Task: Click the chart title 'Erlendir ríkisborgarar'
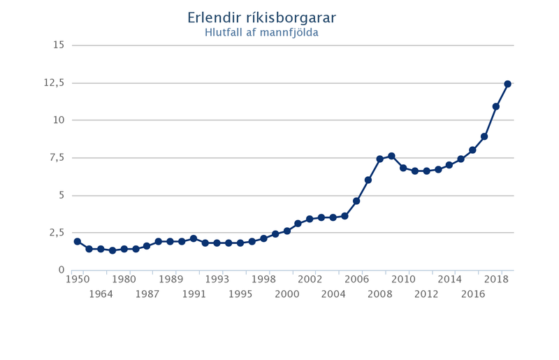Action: (256, 17)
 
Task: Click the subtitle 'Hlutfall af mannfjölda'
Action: (256, 32)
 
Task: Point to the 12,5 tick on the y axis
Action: (54, 82)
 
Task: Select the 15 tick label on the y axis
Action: (58, 45)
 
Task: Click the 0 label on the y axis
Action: (61, 271)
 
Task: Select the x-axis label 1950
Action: (77, 279)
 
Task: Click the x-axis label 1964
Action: (101, 294)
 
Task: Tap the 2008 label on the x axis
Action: (380, 294)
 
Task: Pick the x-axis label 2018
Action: (496, 279)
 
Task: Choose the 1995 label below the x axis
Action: (240, 294)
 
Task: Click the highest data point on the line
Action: (508, 84)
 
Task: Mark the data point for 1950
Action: (77, 242)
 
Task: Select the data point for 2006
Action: (356, 201)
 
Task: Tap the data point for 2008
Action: (380, 159)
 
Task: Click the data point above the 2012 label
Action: (426, 171)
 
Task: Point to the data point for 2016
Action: (473, 150)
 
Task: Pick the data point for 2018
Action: (496, 106)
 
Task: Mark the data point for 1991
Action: (194, 239)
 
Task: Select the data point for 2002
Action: (310, 219)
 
